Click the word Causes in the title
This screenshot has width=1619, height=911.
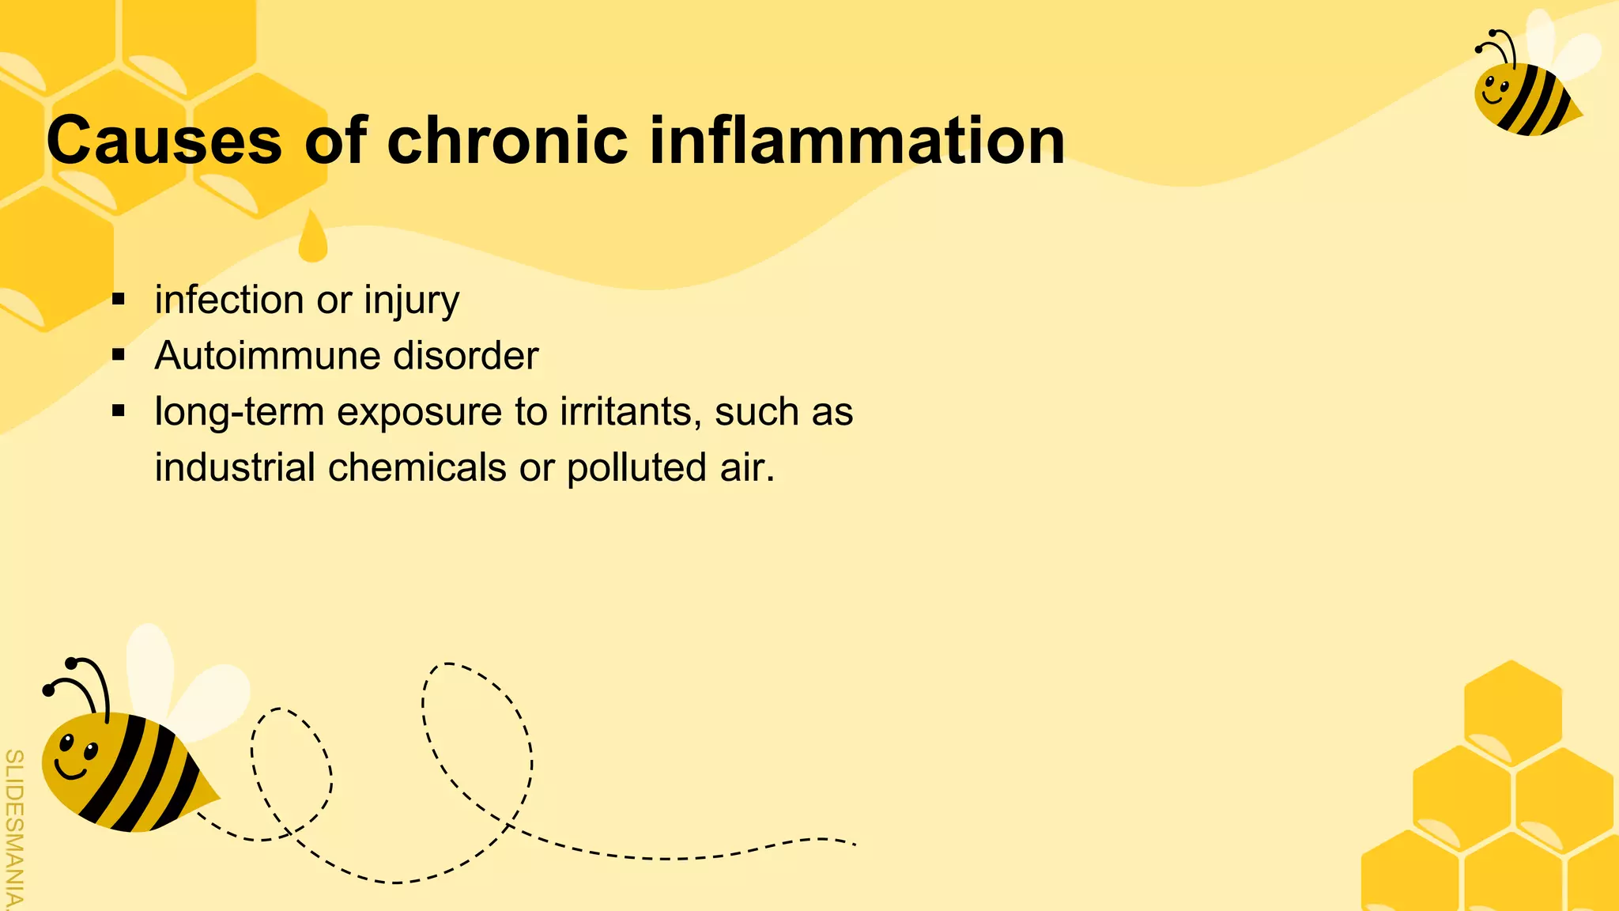point(164,140)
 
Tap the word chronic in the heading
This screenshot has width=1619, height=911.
point(507,140)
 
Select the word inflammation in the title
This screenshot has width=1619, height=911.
point(857,140)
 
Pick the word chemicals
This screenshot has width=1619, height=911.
point(417,467)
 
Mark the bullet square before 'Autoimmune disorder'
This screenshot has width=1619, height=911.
point(119,356)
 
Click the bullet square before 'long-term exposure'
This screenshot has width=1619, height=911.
point(119,411)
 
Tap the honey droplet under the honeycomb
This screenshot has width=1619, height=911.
point(313,239)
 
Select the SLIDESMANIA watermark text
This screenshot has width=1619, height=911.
point(13,826)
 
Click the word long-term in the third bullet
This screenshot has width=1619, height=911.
point(239,412)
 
